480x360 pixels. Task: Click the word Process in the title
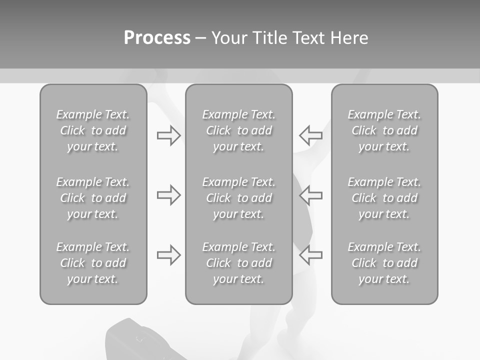pos(157,37)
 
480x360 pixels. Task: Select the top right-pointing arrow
pos(168,135)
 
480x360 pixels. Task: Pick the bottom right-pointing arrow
pos(168,254)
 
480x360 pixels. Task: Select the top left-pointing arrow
pos(310,134)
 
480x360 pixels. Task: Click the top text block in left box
pos(93,130)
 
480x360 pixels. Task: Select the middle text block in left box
pos(93,198)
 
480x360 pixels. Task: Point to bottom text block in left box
pos(93,263)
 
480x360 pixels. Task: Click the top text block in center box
pos(238,130)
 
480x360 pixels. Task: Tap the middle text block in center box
pos(238,198)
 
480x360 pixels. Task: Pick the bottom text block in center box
pos(238,263)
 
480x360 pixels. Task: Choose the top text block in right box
pos(384,130)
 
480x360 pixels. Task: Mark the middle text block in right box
pos(384,198)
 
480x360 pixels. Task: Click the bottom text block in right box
pos(384,263)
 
